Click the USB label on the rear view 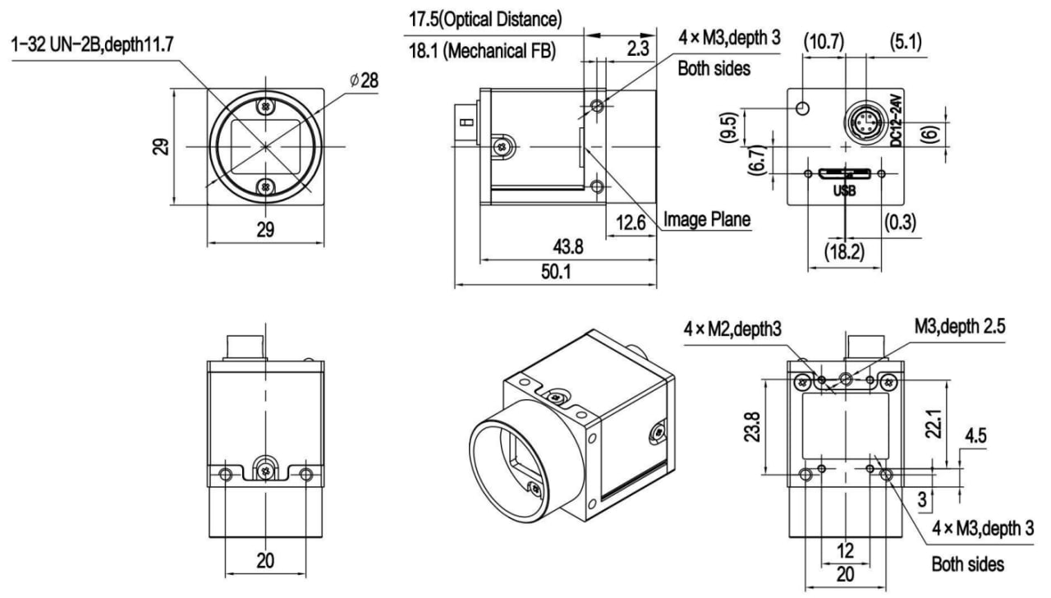844,191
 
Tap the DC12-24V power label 897,120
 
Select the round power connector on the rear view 864,121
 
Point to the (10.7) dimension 824,41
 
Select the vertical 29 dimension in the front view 163,147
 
